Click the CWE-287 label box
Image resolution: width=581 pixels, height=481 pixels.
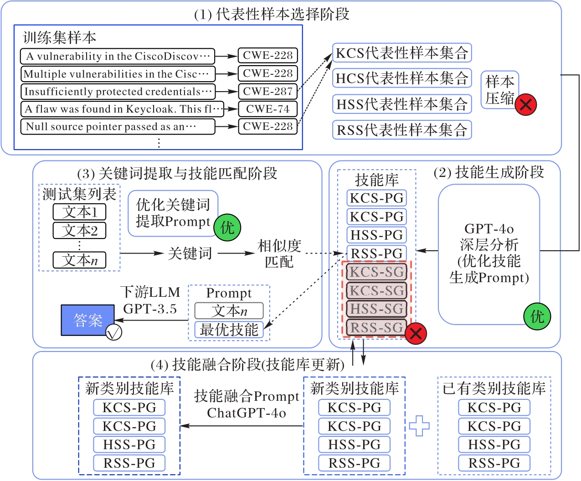(x=267, y=91)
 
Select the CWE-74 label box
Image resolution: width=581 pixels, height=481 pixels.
(x=267, y=109)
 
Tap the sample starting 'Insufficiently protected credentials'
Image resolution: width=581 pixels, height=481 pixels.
(x=118, y=91)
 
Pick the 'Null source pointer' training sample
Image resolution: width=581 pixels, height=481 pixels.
(x=118, y=126)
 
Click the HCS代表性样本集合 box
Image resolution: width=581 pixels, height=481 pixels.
(x=401, y=78)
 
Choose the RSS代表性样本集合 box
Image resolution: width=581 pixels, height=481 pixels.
(x=401, y=130)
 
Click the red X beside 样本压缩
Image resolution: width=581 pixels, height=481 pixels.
(x=526, y=105)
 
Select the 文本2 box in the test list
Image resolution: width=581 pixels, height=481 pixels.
(x=79, y=230)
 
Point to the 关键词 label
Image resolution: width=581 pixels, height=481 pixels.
(x=190, y=253)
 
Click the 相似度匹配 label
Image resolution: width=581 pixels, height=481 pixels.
(x=279, y=253)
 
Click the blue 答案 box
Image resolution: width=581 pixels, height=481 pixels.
(x=88, y=320)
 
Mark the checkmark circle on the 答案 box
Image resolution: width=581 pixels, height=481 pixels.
(x=113, y=332)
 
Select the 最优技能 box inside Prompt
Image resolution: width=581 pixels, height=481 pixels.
(x=229, y=329)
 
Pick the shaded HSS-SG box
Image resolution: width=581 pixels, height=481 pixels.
(x=376, y=309)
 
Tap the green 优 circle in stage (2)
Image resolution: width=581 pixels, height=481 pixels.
(x=537, y=316)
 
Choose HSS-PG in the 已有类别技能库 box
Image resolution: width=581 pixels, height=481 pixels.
(x=494, y=444)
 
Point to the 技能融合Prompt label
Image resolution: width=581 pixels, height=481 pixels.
(x=247, y=396)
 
